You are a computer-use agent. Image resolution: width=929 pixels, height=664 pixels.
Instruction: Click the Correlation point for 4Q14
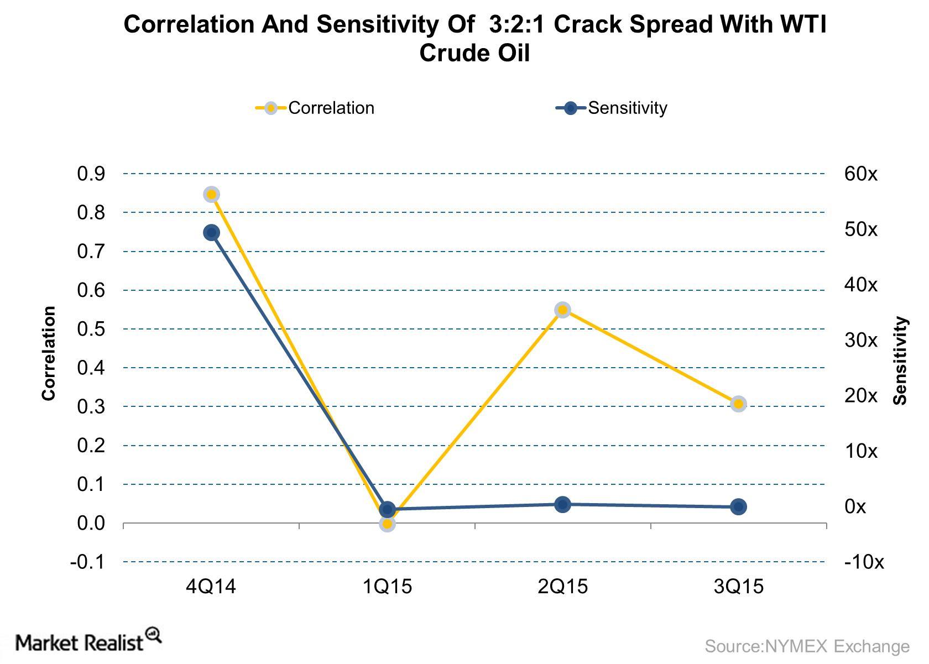click(x=211, y=194)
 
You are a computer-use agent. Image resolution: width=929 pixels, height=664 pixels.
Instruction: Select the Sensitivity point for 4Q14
click(x=211, y=232)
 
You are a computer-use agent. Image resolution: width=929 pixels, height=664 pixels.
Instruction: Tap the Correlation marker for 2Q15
click(x=562, y=310)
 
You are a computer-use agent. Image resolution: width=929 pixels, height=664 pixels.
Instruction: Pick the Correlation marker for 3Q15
click(x=738, y=404)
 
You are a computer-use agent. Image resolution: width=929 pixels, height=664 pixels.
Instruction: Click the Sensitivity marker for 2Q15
click(x=562, y=504)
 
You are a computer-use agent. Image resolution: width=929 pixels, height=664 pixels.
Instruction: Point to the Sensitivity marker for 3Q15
click(x=738, y=506)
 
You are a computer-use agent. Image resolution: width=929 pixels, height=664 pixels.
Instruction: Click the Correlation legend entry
click(x=315, y=108)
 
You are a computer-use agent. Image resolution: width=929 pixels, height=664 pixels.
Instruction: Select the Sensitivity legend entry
click(x=612, y=108)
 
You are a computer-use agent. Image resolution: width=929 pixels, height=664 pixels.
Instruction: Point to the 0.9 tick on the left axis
click(x=91, y=174)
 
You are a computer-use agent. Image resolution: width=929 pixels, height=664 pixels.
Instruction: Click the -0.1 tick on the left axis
click(x=87, y=562)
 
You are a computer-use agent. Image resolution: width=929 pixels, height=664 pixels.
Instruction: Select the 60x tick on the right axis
click(x=860, y=174)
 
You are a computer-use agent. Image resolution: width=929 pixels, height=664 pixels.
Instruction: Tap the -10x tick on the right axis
click(x=864, y=562)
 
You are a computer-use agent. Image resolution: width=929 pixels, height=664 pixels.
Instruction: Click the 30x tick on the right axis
click(x=860, y=341)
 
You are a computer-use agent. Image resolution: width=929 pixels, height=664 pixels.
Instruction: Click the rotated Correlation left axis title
click(x=49, y=353)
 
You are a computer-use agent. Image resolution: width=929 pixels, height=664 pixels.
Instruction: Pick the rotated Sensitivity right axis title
click(x=901, y=360)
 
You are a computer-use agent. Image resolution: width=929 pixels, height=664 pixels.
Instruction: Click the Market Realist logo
click(x=88, y=641)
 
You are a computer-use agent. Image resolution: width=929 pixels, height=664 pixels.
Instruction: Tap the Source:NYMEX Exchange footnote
click(x=807, y=646)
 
